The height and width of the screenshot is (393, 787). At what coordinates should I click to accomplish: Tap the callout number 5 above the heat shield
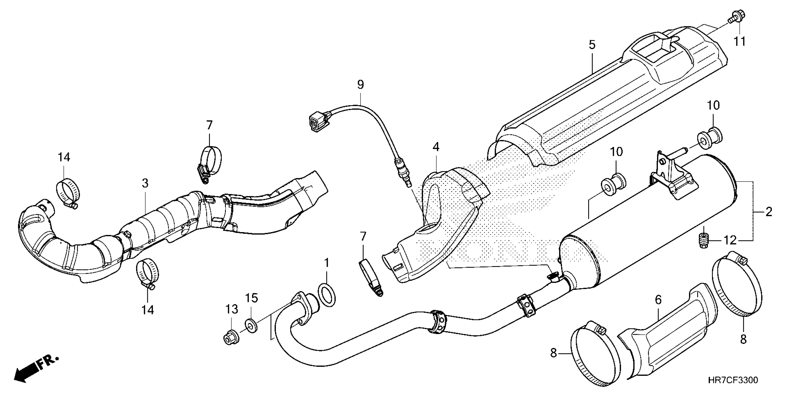(592, 45)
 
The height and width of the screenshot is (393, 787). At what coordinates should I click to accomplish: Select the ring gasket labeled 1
(327, 295)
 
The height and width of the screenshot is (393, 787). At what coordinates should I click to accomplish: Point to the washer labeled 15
(251, 325)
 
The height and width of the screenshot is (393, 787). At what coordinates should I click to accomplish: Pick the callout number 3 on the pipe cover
(145, 183)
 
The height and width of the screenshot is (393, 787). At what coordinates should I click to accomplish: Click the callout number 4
(436, 147)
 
